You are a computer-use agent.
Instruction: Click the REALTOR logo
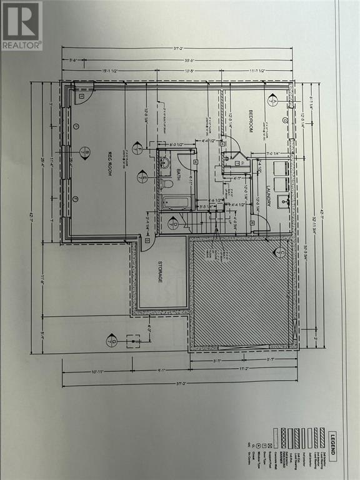[21, 25]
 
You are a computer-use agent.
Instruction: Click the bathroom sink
[164, 164]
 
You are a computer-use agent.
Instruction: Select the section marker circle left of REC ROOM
[87, 153]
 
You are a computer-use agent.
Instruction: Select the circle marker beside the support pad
[112, 341]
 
